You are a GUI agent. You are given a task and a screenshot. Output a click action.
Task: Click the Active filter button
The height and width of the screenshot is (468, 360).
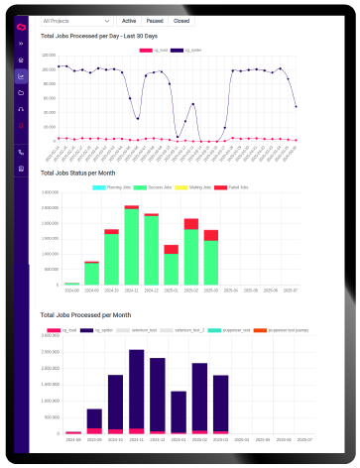tap(129, 20)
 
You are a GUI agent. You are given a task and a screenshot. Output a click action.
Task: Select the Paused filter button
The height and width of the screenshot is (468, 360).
tap(155, 20)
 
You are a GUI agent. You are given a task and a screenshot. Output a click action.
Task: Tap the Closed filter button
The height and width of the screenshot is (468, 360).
tap(181, 20)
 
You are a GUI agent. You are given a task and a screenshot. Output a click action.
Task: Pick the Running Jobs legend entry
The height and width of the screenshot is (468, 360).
tap(120, 187)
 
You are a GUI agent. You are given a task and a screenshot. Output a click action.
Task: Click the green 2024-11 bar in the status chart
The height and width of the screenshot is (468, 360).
tap(131, 248)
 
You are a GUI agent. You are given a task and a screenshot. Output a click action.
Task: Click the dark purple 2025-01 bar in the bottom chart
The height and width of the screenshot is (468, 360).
tap(179, 409)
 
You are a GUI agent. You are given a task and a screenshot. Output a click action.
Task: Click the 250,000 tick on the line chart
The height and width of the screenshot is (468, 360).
tap(49, 58)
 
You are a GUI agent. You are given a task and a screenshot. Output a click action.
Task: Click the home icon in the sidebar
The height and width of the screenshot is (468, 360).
tap(21, 58)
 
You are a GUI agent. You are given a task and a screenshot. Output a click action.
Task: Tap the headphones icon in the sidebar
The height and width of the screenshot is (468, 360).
tap(21, 109)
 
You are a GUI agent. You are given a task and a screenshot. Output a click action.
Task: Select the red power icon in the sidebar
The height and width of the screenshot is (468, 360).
tap(21, 126)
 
